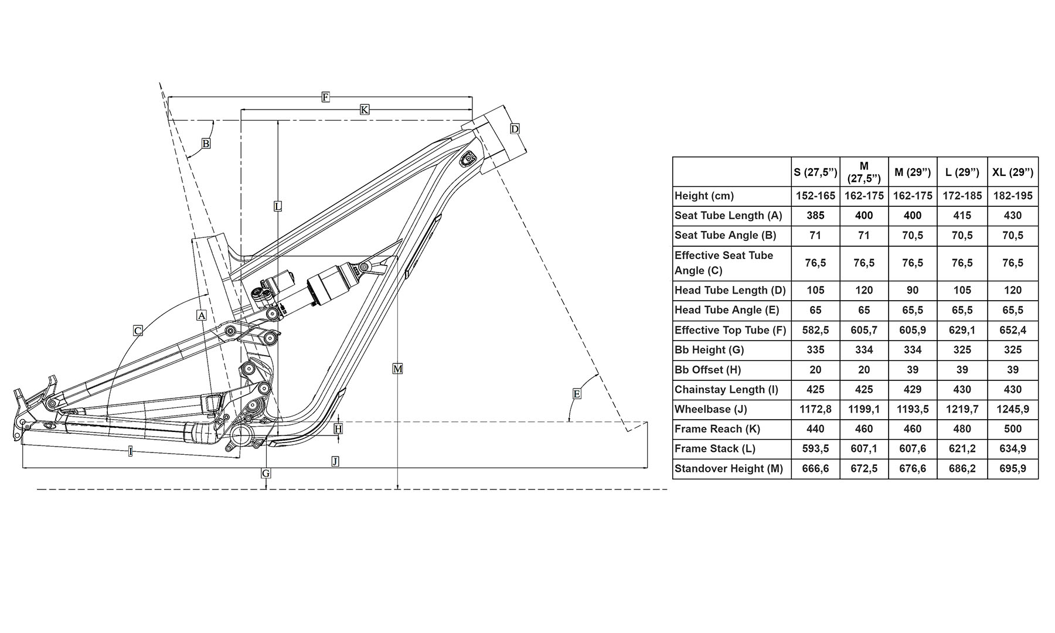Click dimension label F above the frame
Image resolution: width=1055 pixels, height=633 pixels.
pyautogui.click(x=326, y=97)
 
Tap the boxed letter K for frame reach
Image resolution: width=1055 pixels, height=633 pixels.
pyautogui.click(x=364, y=110)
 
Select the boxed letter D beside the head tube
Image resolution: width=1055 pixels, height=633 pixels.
pyautogui.click(x=515, y=128)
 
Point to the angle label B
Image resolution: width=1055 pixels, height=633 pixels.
pyautogui.click(x=206, y=143)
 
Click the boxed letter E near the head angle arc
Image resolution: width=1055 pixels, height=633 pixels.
pyautogui.click(x=577, y=394)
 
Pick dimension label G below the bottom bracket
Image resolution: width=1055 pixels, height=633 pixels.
pyautogui.click(x=266, y=473)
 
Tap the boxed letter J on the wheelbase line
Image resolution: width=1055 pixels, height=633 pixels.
pyautogui.click(x=335, y=461)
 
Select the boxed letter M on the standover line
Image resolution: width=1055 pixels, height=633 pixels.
pyautogui.click(x=398, y=369)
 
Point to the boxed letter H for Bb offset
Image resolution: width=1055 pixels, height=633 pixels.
pyautogui.click(x=338, y=429)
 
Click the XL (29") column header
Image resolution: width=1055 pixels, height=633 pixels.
pyautogui.click(x=1012, y=172)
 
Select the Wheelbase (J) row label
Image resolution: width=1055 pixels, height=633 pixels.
pyautogui.click(x=710, y=409)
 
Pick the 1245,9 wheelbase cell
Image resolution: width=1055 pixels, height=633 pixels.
pyautogui.click(x=1012, y=409)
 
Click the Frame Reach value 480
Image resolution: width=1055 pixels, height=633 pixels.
pyautogui.click(x=962, y=429)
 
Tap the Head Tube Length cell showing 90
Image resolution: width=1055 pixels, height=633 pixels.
pyautogui.click(x=912, y=290)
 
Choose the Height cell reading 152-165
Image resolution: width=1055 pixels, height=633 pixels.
pyautogui.click(x=815, y=196)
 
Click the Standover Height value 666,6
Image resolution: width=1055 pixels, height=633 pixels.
pyautogui.click(x=815, y=469)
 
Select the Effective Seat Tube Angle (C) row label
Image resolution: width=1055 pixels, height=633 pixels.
pyautogui.click(x=723, y=263)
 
